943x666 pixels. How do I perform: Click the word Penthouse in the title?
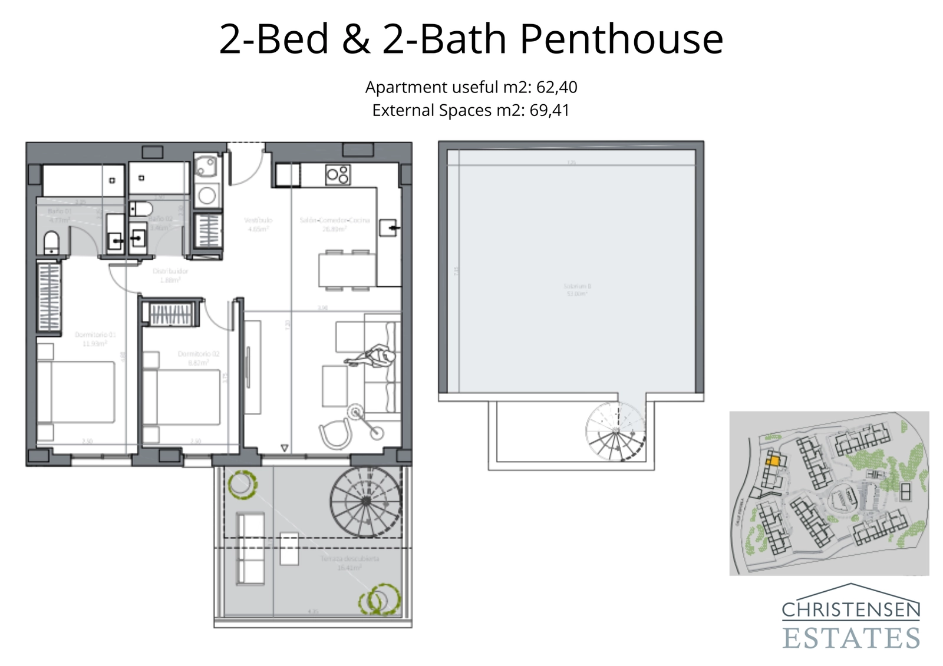tap(621, 39)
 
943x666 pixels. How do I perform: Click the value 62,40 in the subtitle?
tap(556, 87)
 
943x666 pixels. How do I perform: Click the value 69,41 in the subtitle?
tap(549, 111)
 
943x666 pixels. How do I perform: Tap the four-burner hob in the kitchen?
tap(338, 175)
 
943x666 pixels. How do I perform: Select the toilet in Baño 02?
tap(141, 208)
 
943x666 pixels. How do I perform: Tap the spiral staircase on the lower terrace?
tap(365, 501)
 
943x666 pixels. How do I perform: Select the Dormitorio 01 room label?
tap(95, 339)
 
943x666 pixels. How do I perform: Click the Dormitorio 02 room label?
tap(198, 358)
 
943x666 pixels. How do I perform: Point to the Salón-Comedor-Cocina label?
tap(334, 224)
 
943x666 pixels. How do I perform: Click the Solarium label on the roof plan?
tap(576, 289)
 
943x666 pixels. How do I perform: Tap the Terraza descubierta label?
tap(349, 562)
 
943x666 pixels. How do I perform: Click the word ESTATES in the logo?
tap(851, 638)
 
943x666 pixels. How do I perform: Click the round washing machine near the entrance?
tap(207, 195)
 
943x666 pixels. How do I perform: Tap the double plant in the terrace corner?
tap(379, 599)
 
